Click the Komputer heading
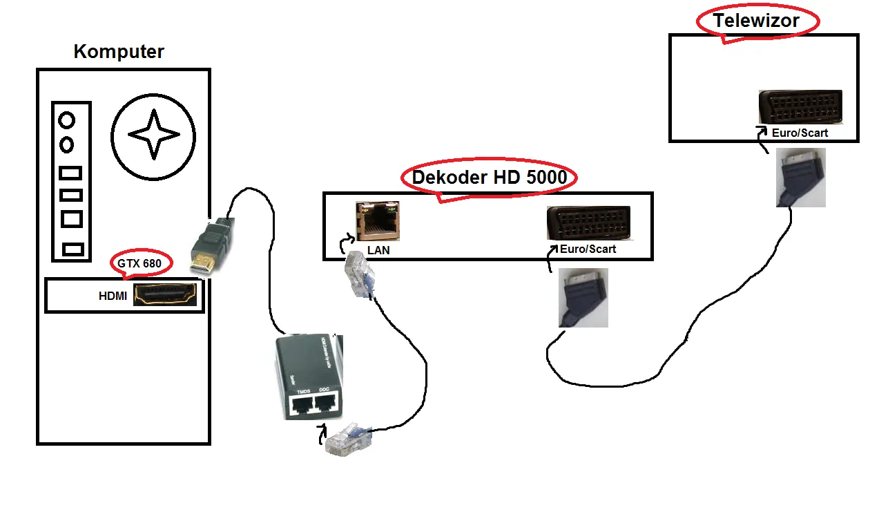[119, 52]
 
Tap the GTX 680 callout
[141, 263]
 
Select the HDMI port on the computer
[165, 294]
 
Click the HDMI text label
[114, 296]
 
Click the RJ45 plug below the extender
[348, 441]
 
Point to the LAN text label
[378, 250]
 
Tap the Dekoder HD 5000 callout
[489, 178]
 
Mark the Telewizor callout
[757, 21]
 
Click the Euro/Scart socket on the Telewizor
[800, 106]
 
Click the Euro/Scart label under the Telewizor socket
[800, 133]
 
